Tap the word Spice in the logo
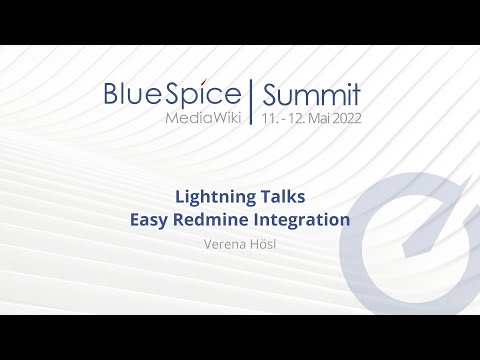point(204,95)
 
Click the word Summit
point(311,95)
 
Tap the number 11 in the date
point(267,118)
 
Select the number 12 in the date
point(295,118)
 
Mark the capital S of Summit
point(269,95)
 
